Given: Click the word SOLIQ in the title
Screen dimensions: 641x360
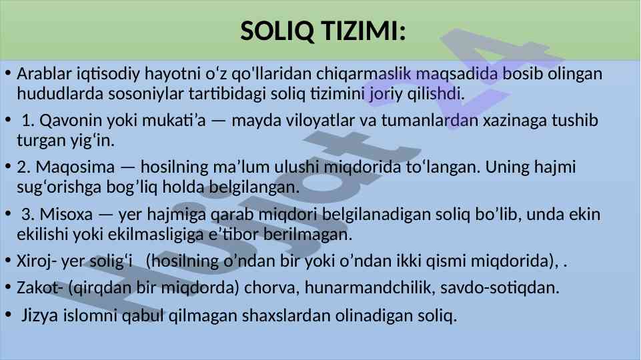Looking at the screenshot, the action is [277, 31].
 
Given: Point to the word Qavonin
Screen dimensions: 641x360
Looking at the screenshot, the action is [71, 121].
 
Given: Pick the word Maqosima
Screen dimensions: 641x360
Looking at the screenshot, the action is [75, 167].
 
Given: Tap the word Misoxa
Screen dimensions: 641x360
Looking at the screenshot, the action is [66, 215].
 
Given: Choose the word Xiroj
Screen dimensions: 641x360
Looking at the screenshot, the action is [34, 261].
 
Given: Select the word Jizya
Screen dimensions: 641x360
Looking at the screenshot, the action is [39, 315].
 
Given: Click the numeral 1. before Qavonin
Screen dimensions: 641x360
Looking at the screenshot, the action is [28, 121].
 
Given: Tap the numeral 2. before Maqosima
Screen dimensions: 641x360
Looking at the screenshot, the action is [24, 167].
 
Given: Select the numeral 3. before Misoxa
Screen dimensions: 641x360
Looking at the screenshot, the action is [28, 215].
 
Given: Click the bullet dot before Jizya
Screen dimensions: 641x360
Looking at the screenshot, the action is [8, 315].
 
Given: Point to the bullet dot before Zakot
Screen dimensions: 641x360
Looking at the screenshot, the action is [8, 287].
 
